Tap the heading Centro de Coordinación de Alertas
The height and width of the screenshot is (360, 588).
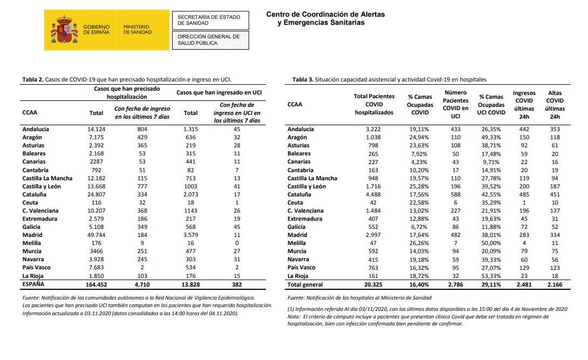pos(325,15)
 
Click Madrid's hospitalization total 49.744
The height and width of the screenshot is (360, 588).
pos(95,235)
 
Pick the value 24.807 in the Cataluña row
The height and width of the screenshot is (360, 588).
pos(95,194)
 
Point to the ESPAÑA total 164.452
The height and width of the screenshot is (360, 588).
pos(93,284)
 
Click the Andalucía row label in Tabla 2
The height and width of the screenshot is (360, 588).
pos(36,130)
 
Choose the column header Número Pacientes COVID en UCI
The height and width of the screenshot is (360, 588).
pos(455,104)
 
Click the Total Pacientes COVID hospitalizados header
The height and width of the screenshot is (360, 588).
pos(374,104)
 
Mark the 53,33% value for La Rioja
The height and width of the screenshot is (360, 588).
pos(491,276)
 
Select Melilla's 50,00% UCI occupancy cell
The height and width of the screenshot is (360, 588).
pos(491,243)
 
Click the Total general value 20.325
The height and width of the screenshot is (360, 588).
pos(373,284)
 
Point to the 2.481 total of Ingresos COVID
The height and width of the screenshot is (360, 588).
pos(524,284)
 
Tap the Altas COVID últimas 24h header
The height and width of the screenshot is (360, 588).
pos(555,104)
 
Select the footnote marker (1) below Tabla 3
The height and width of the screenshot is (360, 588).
pos(291,309)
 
